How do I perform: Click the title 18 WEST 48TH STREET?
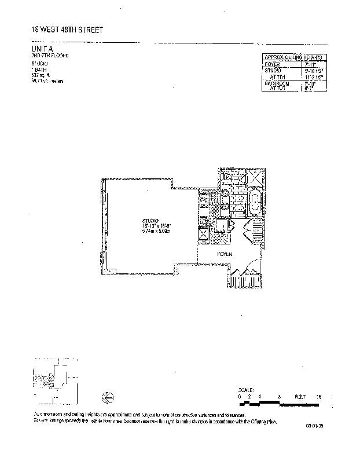click(68, 30)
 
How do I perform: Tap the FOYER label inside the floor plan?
click(225, 254)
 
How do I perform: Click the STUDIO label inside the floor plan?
click(150, 221)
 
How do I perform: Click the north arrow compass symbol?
click(106, 396)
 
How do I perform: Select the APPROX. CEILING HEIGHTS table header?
click(293, 57)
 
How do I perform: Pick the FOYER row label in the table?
click(272, 63)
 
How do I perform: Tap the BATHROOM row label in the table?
click(276, 83)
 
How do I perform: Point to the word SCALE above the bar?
click(246, 390)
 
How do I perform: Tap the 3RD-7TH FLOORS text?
click(50, 56)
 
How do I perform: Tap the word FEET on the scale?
click(300, 397)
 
